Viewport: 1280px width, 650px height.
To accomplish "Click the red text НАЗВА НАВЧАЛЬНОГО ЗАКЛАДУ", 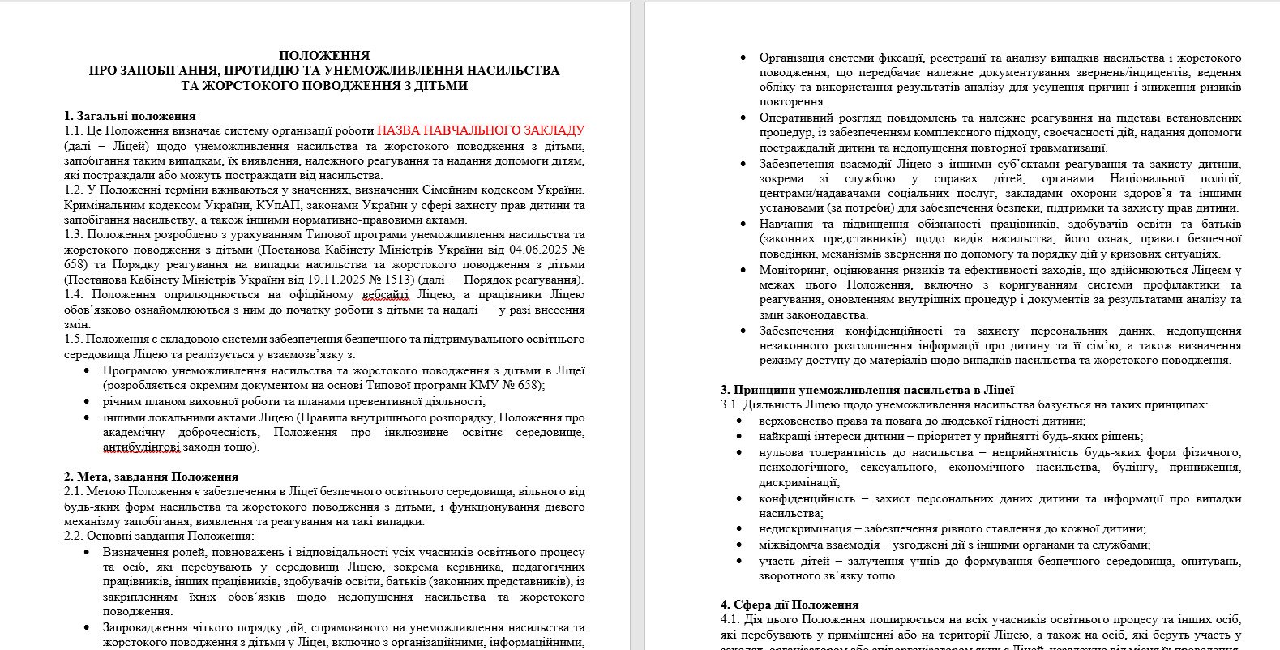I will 481,130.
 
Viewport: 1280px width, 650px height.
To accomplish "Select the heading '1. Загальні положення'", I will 130,116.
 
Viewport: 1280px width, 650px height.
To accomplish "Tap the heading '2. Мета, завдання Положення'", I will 151,477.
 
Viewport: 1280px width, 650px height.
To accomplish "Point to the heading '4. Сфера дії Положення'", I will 790,605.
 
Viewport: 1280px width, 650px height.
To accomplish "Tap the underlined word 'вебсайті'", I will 385,295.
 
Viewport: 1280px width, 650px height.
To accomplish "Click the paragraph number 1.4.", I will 73,295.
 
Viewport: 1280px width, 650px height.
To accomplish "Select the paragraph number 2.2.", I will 73,537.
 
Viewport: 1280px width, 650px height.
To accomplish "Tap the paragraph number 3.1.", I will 730,404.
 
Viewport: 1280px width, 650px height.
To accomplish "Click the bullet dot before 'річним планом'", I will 88,401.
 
